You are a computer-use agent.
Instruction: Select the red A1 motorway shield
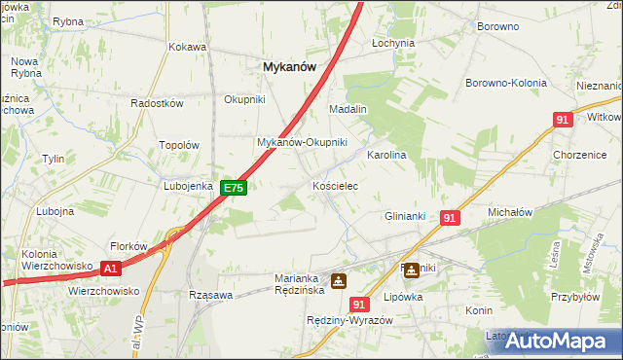(111, 269)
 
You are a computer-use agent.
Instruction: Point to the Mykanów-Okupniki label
(302, 142)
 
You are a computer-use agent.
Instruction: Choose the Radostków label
(157, 104)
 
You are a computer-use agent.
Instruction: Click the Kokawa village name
(187, 47)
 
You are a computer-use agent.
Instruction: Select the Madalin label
(348, 109)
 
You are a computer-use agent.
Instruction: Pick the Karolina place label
(385, 155)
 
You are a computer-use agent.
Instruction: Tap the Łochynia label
(393, 43)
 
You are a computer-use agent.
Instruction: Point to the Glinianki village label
(406, 216)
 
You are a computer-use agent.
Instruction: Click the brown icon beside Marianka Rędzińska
(338, 281)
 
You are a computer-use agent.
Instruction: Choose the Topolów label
(179, 145)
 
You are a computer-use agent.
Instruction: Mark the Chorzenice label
(580, 155)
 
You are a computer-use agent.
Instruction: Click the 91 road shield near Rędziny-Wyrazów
(360, 305)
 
